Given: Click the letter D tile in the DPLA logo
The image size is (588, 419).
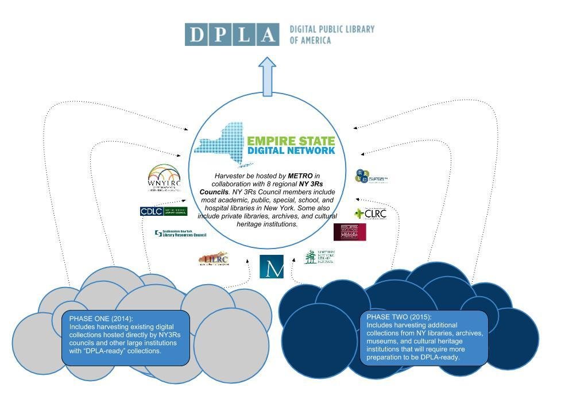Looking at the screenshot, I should [196, 35].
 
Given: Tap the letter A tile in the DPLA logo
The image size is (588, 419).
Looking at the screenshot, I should [267, 35].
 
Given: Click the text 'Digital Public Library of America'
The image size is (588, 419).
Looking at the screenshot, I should [331, 34].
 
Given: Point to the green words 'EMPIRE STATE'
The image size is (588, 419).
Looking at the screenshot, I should [291, 141].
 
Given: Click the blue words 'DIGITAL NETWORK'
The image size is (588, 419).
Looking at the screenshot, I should [291, 151].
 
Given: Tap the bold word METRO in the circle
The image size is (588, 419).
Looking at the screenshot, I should [300, 175].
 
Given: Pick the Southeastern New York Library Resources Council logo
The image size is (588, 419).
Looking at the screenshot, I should [180, 233].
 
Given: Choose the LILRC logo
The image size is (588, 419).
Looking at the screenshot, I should [214, 259].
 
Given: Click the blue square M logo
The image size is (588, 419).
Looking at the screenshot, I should [272, 267].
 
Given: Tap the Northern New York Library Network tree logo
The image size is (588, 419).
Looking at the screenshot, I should [319, 257].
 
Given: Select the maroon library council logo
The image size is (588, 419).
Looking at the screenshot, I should [349, 232].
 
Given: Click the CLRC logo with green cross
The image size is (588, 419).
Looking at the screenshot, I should [370, 214].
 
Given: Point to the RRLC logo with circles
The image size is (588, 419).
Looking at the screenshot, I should [371, 177].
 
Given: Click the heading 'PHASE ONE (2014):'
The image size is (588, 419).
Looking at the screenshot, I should [100, 319].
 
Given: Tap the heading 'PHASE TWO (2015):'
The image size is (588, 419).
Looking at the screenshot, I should [399, 317].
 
